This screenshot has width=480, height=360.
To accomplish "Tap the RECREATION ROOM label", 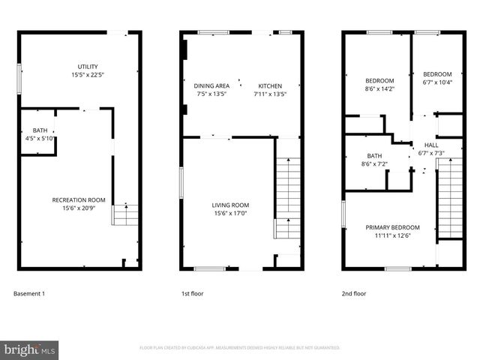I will [78, 199].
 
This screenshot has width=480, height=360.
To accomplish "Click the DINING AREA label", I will [211, 85].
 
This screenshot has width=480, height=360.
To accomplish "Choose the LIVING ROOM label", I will [230, 205].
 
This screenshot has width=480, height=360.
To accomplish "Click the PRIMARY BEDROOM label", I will [392, 227].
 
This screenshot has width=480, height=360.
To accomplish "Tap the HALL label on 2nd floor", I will [432, 145].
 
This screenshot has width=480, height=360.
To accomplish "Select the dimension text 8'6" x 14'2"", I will [379, 88].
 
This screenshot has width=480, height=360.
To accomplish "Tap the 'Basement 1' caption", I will [29, 293].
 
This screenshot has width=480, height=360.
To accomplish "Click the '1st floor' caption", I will [193, 293].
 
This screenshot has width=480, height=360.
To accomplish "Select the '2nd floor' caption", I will [354, 293].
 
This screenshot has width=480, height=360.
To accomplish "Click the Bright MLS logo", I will [30, 349].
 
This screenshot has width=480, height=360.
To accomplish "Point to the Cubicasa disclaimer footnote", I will [240, 348].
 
